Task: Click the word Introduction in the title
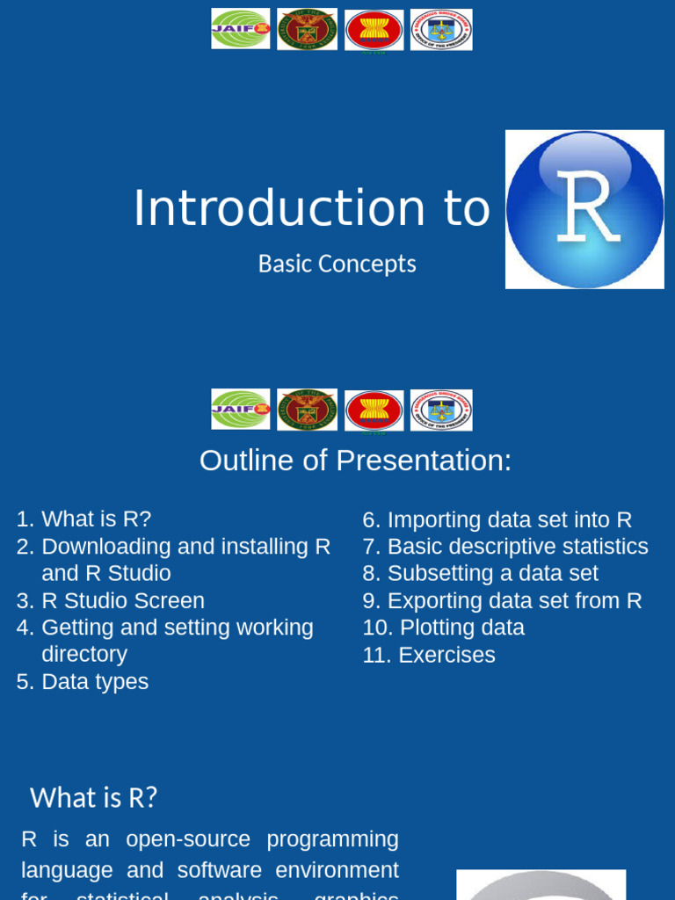[279, 208]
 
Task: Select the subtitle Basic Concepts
[337, 264]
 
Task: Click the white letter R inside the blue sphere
[587, 208]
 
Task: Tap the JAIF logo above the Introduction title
[241, 29]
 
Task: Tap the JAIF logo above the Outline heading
[241, 410]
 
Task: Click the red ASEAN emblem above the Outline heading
[374, 410]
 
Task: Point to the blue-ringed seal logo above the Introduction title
[441, 30]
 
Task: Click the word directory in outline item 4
[84, 655]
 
